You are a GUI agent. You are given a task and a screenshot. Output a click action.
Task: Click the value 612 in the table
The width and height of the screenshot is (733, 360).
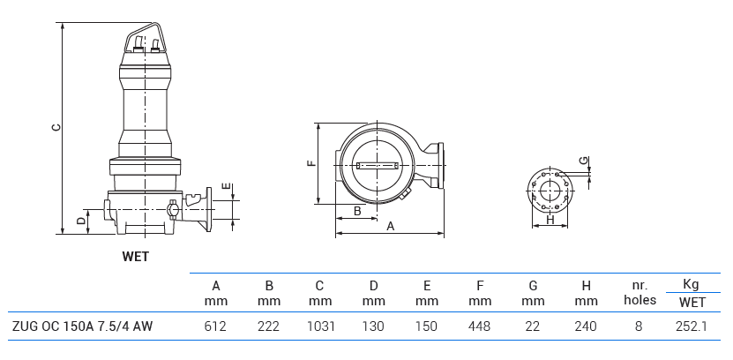(215, 326)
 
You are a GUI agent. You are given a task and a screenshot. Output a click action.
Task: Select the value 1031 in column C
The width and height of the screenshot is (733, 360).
(320, 326)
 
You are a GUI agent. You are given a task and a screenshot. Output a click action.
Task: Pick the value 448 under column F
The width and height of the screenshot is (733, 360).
(480, 326)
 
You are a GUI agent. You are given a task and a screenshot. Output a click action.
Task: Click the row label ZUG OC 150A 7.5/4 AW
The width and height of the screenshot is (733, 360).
(82, 326)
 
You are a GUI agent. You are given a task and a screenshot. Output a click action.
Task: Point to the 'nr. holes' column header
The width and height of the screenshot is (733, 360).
(640, 292)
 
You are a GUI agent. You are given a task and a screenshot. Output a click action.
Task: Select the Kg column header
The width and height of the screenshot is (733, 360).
(691, 284)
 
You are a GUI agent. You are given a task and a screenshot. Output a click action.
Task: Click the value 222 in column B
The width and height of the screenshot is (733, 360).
(268, 326)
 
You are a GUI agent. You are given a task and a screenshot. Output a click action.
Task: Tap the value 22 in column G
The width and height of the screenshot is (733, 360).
(533, 326)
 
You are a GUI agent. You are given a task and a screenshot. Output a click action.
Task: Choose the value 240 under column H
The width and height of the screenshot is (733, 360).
(586, 326)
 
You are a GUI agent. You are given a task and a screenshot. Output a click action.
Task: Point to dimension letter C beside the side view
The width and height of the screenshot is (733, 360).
(55, 127)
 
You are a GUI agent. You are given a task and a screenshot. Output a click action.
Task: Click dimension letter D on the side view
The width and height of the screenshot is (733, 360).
(80, 221)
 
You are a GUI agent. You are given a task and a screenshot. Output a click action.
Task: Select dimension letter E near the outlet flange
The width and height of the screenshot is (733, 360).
(227, 187)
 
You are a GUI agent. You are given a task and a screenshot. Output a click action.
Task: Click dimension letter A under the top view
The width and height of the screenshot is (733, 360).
(390, 227)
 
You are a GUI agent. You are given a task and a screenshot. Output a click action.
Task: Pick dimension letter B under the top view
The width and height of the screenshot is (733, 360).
(357, 211)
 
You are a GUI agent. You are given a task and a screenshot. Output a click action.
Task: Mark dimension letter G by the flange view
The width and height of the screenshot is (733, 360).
(582, 161)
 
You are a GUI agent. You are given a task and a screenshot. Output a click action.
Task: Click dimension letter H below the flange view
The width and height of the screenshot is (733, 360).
(550, 221)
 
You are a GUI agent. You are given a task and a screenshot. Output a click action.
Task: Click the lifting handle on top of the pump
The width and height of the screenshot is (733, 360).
(145, 39)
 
